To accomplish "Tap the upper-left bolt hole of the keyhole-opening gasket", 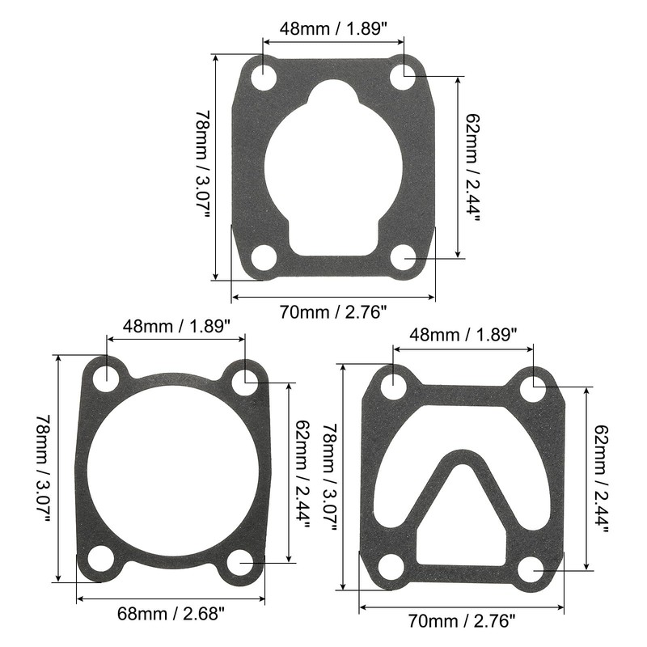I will point(264,78).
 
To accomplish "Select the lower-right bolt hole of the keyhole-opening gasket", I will point(403,258).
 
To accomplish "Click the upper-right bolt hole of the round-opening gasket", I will point(245,378).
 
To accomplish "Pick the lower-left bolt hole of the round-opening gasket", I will point(101,558).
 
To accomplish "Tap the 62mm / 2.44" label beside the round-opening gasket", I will point(302,472).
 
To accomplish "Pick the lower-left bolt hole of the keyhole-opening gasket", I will point(264,258).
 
